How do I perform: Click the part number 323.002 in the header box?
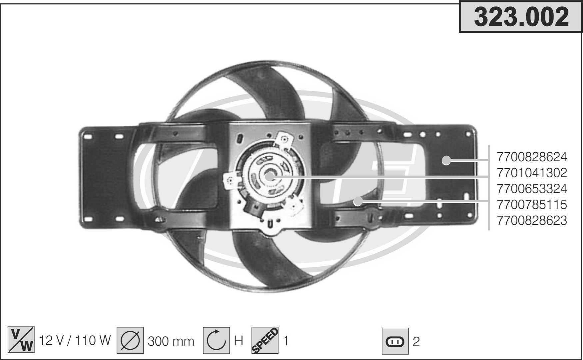point(521,17)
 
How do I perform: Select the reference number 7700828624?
point(532,157)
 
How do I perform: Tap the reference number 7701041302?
point(532,173)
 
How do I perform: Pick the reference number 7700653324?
point(532,189)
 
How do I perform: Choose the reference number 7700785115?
point(532,204)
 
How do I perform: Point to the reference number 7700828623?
point(532,220)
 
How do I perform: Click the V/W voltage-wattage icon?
point(21,340)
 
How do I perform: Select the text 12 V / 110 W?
point(75,340)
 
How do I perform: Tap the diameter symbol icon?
point(130,340)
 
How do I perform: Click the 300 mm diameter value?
point(171,341)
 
